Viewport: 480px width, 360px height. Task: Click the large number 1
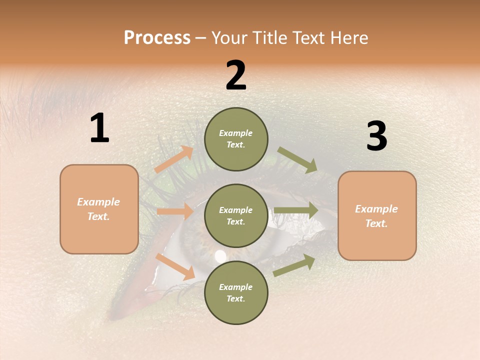(x=99, y=128)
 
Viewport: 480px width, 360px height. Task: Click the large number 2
(x=236, y=75)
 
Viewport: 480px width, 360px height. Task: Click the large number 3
(x=376, y=136)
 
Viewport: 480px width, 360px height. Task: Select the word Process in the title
(x=157, y=37)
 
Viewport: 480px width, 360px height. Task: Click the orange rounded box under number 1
(x=99, y=209)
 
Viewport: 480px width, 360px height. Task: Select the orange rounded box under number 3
(x=377, y=216)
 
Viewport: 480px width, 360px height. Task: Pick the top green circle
(x=236, y=139)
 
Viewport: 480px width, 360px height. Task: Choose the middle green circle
(x=236, y=216)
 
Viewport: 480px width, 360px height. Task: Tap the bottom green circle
(x=236, y=293)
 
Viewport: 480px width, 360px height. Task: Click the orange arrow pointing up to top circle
(x=173, y=159)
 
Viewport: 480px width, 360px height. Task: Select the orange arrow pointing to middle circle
(x=174, y=211)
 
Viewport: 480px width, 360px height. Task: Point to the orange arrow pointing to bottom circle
(x=175, y=266)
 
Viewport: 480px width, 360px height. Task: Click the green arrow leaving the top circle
(x=297, y=160)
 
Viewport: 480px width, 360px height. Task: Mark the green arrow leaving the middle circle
(x=295, y=210)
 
